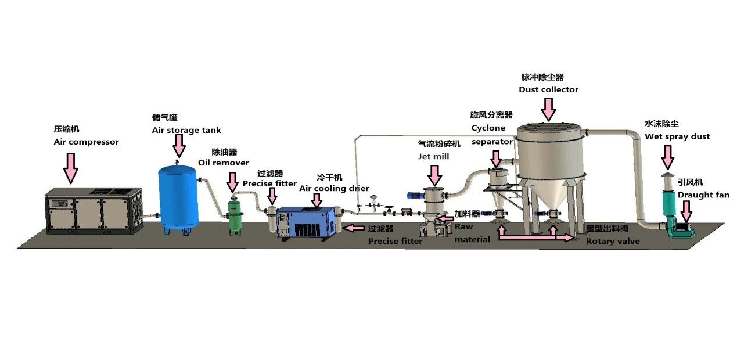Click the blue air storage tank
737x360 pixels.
pyautogui.click(x=178, y=195)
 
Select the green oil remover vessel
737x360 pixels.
pyautogui.click(x=235, y=217)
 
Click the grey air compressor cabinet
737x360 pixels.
pyautogui.click(x=94, y=210)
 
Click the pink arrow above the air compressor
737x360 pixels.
pyautogui.click(x=71, y=168)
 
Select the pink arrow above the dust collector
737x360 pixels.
pyautogui.click(x=547, y=109)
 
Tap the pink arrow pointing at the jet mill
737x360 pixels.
pyautogui.click(x=434, y=175)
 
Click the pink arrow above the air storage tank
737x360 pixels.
pyautogui.click(x=179, y=145)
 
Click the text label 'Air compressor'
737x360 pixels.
pyautogui.click(x=86, y=142)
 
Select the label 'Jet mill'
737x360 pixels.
pyautogui.click(x=433, y=156)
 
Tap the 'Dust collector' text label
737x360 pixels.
pyautogui.click(x=548, y=89)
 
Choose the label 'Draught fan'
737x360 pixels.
pyautogui.click(x=703, y=195)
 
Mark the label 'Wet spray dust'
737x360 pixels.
pyautogui.click(x=677, y=136)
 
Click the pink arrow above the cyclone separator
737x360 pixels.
pyautogui.click(x=495, y=159)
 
